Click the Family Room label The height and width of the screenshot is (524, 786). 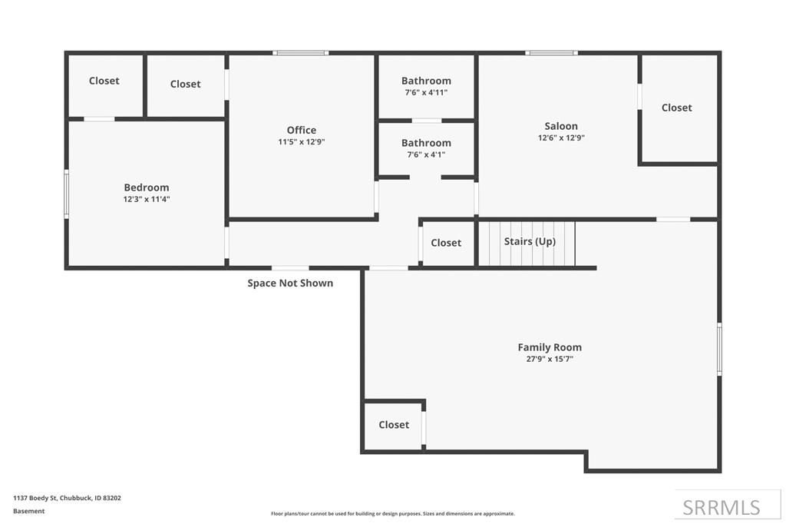pyautogui.click(x=549, y=347)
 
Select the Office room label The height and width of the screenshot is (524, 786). pyautogui.click(x=301, y=130)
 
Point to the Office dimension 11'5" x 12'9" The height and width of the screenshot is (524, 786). pyautogui.click(x=301, y=142)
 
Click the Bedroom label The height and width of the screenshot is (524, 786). pyautogui.click(x=146, y=187)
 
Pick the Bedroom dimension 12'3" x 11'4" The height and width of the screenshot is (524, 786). pyautogui.click(x=146, y=199)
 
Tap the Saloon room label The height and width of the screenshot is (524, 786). pyautogui.click(x=561, y=126)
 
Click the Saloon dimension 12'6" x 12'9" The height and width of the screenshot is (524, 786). pyautogui.click(x=561, y=138)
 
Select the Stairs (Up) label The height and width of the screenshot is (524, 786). pyautogui.click(x=530, y=241)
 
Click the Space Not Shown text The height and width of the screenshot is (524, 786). pyautogui.click(x=290, y=283)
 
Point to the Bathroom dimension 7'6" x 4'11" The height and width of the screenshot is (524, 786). pyautogui.click(x=426, y=92)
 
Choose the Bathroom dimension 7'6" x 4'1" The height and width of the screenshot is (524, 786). pyautogui.click(x=426, y=154)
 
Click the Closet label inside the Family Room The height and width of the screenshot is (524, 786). pyautogui.click(x=394, y=425)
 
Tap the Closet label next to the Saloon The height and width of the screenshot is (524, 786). pyautogui.click(x=676, y=108)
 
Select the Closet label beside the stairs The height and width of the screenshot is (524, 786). pyautogui.click(x=446, y=243)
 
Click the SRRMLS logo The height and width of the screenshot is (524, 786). pyautogui.click(x=721, y=507)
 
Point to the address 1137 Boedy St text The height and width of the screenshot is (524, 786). pyautogui.click(x=67, y=498)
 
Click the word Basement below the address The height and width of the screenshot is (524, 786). pyautogui.click(x=29, y=511)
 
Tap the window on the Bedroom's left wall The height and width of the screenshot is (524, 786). pyautogui.click(x=67, y=194)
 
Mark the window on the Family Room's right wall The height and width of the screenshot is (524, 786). pyautogui.click(x=719, y=349)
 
